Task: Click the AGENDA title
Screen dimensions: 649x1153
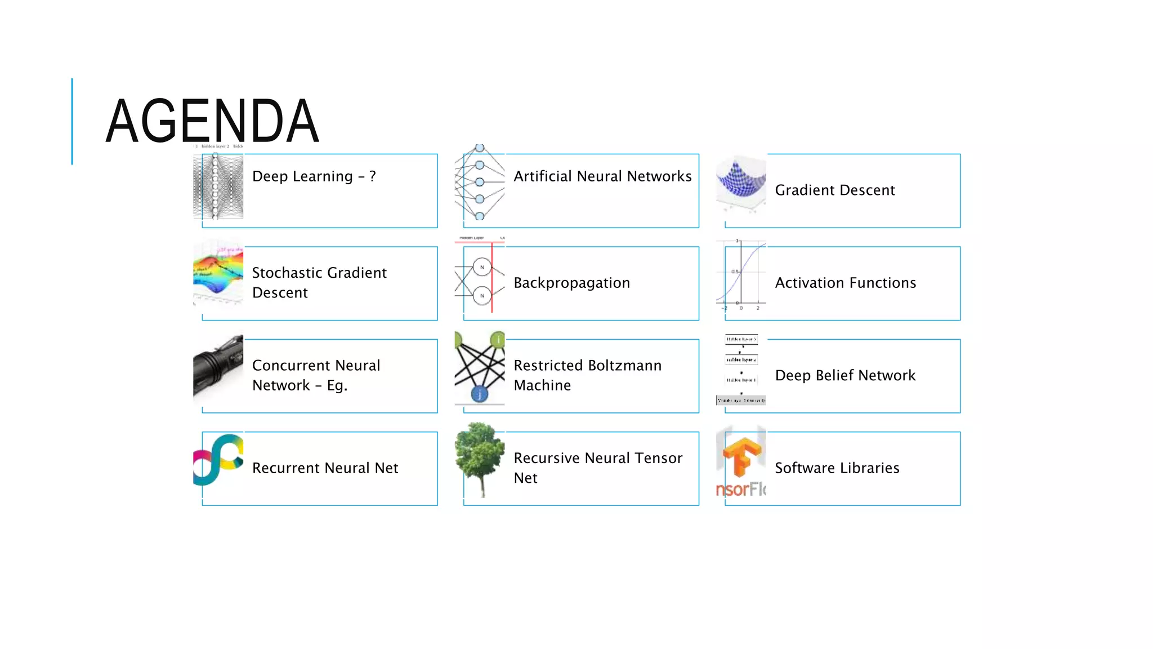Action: tap(212, 121)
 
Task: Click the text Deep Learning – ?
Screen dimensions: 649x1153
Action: tap(314, 176)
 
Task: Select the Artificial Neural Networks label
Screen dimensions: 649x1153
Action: tap(602, 176)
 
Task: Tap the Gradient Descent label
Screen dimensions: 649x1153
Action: tap(834, 190)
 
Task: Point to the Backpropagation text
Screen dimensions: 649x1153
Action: tap(571, 283)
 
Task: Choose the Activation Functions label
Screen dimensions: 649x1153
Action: tap(845, 283)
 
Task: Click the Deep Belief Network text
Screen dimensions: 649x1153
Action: tap(845, 376)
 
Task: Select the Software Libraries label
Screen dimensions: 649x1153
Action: tap(837, 468)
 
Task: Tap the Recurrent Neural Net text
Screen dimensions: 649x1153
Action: tap(325, 468)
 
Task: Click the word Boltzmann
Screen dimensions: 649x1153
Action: tap(624, 366)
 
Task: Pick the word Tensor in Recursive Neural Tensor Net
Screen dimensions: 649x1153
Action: tap(658, 458)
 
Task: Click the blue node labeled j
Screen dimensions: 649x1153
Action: tap(479, 394)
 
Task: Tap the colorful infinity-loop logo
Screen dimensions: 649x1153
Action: tap(218, 459)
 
